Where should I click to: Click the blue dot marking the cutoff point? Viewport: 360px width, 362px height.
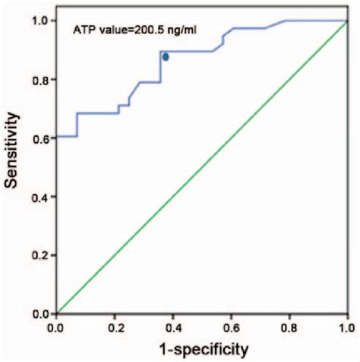[166, 57]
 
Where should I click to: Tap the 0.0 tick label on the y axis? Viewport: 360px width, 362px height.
[42, 313]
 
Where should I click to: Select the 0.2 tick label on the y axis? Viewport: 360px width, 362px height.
[42, 255]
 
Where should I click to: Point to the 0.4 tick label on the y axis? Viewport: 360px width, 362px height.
[42, 196]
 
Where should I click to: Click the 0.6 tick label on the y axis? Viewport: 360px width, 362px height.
[42, 138]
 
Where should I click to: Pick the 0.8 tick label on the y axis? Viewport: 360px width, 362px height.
[42, 79]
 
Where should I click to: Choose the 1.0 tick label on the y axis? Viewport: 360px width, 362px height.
[42, 21]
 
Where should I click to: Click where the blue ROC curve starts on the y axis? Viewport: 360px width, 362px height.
[58, 136]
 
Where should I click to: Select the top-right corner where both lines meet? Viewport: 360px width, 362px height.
[346, 21]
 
